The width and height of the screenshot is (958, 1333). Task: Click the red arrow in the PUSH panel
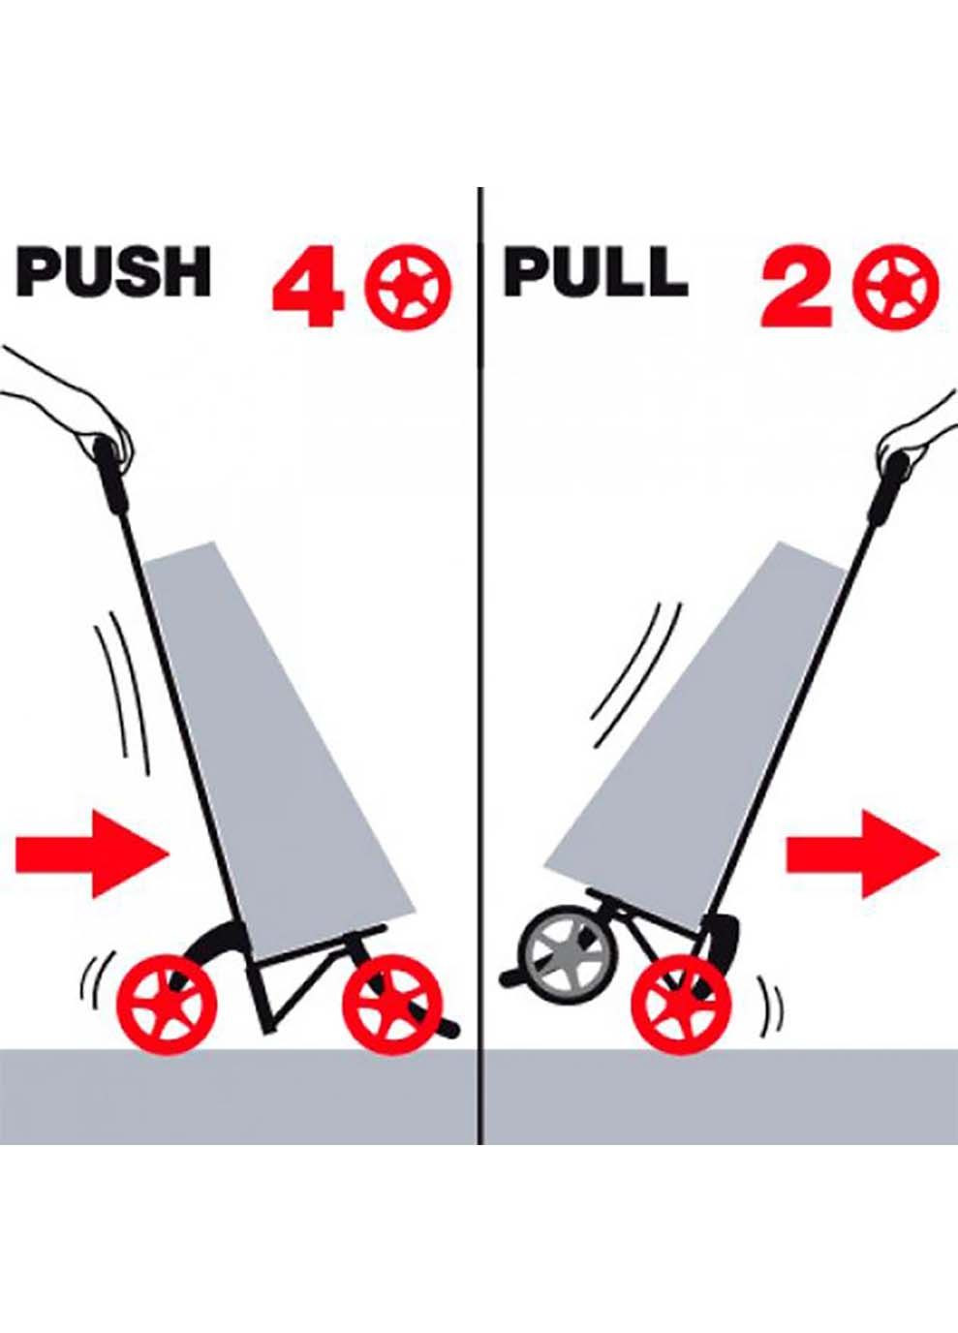92,856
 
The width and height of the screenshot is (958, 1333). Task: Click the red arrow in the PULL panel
862,855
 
